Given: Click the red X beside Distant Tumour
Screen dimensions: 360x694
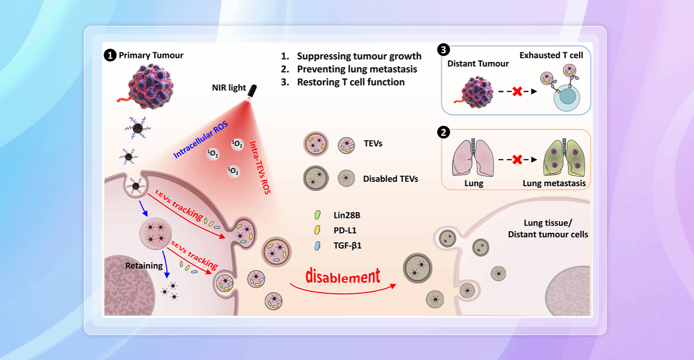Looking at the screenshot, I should point(517,91).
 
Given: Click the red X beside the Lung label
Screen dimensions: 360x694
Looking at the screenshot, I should point(516,159).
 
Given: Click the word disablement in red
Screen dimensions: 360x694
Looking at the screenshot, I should point(343,276).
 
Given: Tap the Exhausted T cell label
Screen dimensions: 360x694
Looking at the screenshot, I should point(551,55).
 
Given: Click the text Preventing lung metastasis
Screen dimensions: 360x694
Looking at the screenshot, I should point(357,69).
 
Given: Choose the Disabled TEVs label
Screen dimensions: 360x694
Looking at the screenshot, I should point(390,179).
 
